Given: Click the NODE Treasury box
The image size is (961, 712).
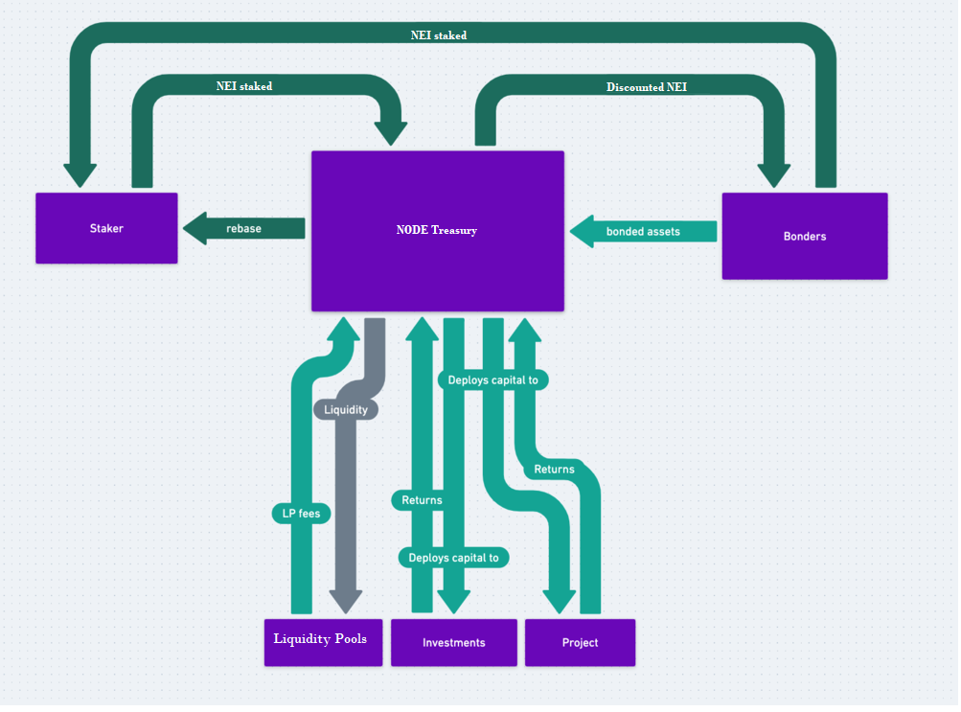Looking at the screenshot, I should pyautogui.click(x=437, y=230).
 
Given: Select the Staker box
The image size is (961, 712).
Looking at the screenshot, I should pyautogui.click(x=106, y=228).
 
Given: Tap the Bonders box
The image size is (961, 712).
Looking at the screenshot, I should pyautogui.click(x=804, y=236).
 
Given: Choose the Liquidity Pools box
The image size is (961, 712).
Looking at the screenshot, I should pyautogui.click(x=320, y=640).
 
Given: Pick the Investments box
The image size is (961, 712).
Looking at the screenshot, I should pyautogui.click(x=453, y=642).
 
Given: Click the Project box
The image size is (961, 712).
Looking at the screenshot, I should pyautogui.click(x=580, y=642).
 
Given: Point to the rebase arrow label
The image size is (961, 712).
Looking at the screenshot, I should pyautogui.click(x=243, y=228).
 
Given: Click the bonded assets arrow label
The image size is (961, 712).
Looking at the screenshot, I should pyautogui.click(x=643, y=231).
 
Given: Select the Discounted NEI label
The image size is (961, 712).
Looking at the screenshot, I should pyautogui.click(x=646, y=87).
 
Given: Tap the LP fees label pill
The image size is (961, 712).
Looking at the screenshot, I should pyautogui.click(x=302, y=514).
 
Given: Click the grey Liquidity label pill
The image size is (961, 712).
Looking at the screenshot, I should pyautogui.click(x=346, y=409).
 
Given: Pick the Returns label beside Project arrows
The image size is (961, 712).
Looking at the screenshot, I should pyautogui.click(x=554, y=470).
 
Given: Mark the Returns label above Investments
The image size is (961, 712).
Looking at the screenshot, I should pyautogui.click(x=422, y=499).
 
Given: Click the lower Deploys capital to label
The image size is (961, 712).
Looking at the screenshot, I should pyautogui.click(x=453, y=558).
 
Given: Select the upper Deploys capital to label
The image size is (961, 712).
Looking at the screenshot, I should pyautogui.click(x=492, y=379).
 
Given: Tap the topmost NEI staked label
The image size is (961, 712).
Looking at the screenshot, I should pyautogui.click(x=439, y=35).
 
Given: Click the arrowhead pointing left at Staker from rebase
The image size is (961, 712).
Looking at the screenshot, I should pyautogui.click(x=194, y=229).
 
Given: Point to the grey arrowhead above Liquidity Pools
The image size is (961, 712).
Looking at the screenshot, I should pyautogui.click(x=346, y=602).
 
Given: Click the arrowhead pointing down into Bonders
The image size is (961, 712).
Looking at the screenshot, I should pyautogui.click(x=774, y=175).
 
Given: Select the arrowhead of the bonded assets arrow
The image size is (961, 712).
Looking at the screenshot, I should pyautogui.click(x=581, y=231).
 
